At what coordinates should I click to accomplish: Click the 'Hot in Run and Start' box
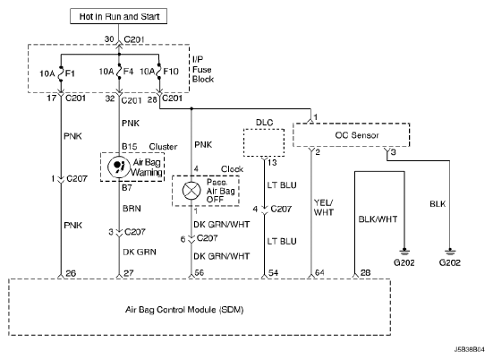[x=118, y=16]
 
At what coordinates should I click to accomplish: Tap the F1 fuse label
[x=70, y=73]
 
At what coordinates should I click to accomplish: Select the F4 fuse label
[x=128, y=72]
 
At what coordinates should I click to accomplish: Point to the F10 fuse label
[x=171, y=72]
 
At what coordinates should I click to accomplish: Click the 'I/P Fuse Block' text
[x=203, y=69]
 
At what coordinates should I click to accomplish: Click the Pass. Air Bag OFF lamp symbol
[x=191, y=191]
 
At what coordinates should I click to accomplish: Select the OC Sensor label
[x=357, y=135]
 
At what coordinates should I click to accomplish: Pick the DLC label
[x=265, y=123]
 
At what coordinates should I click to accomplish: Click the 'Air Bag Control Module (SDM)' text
[x=184, y=310]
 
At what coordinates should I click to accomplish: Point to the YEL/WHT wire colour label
[x=324, y=208]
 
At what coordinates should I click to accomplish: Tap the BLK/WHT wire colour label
[x=378, y=219]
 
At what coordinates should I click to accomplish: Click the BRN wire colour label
[x=132, y=209]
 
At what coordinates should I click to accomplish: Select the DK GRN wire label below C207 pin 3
[x=140, y=252]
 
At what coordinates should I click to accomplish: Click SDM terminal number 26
[x=71, y=273]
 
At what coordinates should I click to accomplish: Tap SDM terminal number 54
[x=273, y=273]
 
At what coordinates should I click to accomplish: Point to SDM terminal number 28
[x=365, y=272]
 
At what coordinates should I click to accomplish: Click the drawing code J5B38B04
[x=470, y=349]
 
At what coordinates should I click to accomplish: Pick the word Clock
[x=232, y=169]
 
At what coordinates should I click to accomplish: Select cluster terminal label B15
[x=130, y=147]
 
